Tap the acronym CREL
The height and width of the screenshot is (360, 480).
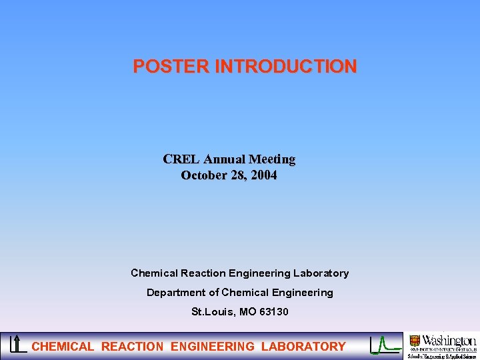[181, 159]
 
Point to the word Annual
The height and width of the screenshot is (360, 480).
[224, 159]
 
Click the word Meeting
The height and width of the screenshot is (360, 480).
[272, 159]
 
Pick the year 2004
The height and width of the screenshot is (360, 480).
[263, 176]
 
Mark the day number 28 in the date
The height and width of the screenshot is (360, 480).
[237, 176]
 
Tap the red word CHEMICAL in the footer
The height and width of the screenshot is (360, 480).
[63, 347]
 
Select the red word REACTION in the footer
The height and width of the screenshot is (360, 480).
[132, 347]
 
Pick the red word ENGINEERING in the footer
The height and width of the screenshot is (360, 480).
[213, 347]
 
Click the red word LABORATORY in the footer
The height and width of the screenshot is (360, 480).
[303, 347]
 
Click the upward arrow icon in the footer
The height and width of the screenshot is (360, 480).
[17, 344]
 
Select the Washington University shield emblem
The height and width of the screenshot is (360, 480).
[415, 341]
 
